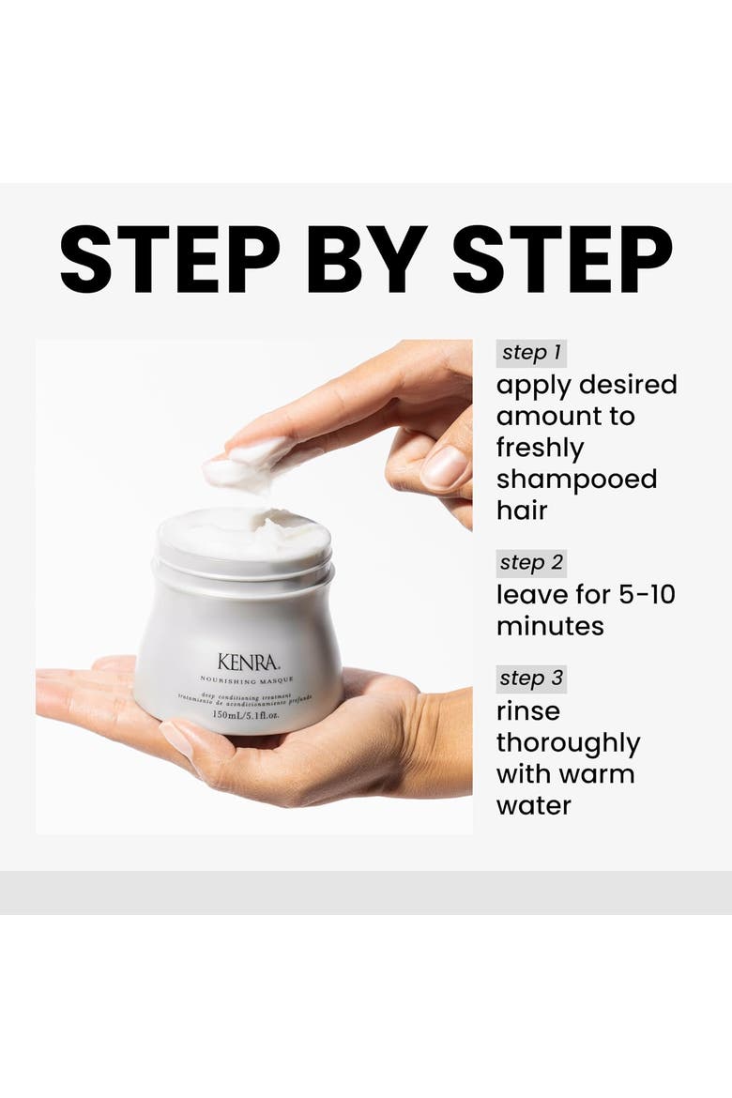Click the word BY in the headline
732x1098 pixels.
pos(366,258)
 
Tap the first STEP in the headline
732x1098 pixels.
pos(170,258)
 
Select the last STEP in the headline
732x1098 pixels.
pos(562,258)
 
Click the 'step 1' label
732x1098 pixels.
pos(531,353)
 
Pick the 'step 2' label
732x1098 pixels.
pos(531,562)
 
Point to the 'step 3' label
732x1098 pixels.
pos(531,679)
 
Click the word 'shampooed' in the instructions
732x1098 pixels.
pos(576,480)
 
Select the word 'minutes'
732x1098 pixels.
pos(550,626)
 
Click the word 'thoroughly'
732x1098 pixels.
pos(568,743)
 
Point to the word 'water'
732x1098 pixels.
pos(534,806)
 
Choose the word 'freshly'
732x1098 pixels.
pos(540,449)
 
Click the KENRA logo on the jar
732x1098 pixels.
pos(248,662)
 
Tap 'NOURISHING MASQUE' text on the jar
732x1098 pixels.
pos(247,679)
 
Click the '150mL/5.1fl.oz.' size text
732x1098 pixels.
pos(245,716)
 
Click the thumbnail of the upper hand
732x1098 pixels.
pos(444,467)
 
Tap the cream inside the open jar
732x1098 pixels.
pos(244,535)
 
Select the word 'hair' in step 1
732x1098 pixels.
pos(522,511)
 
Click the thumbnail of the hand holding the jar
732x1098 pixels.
pos(177,739)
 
